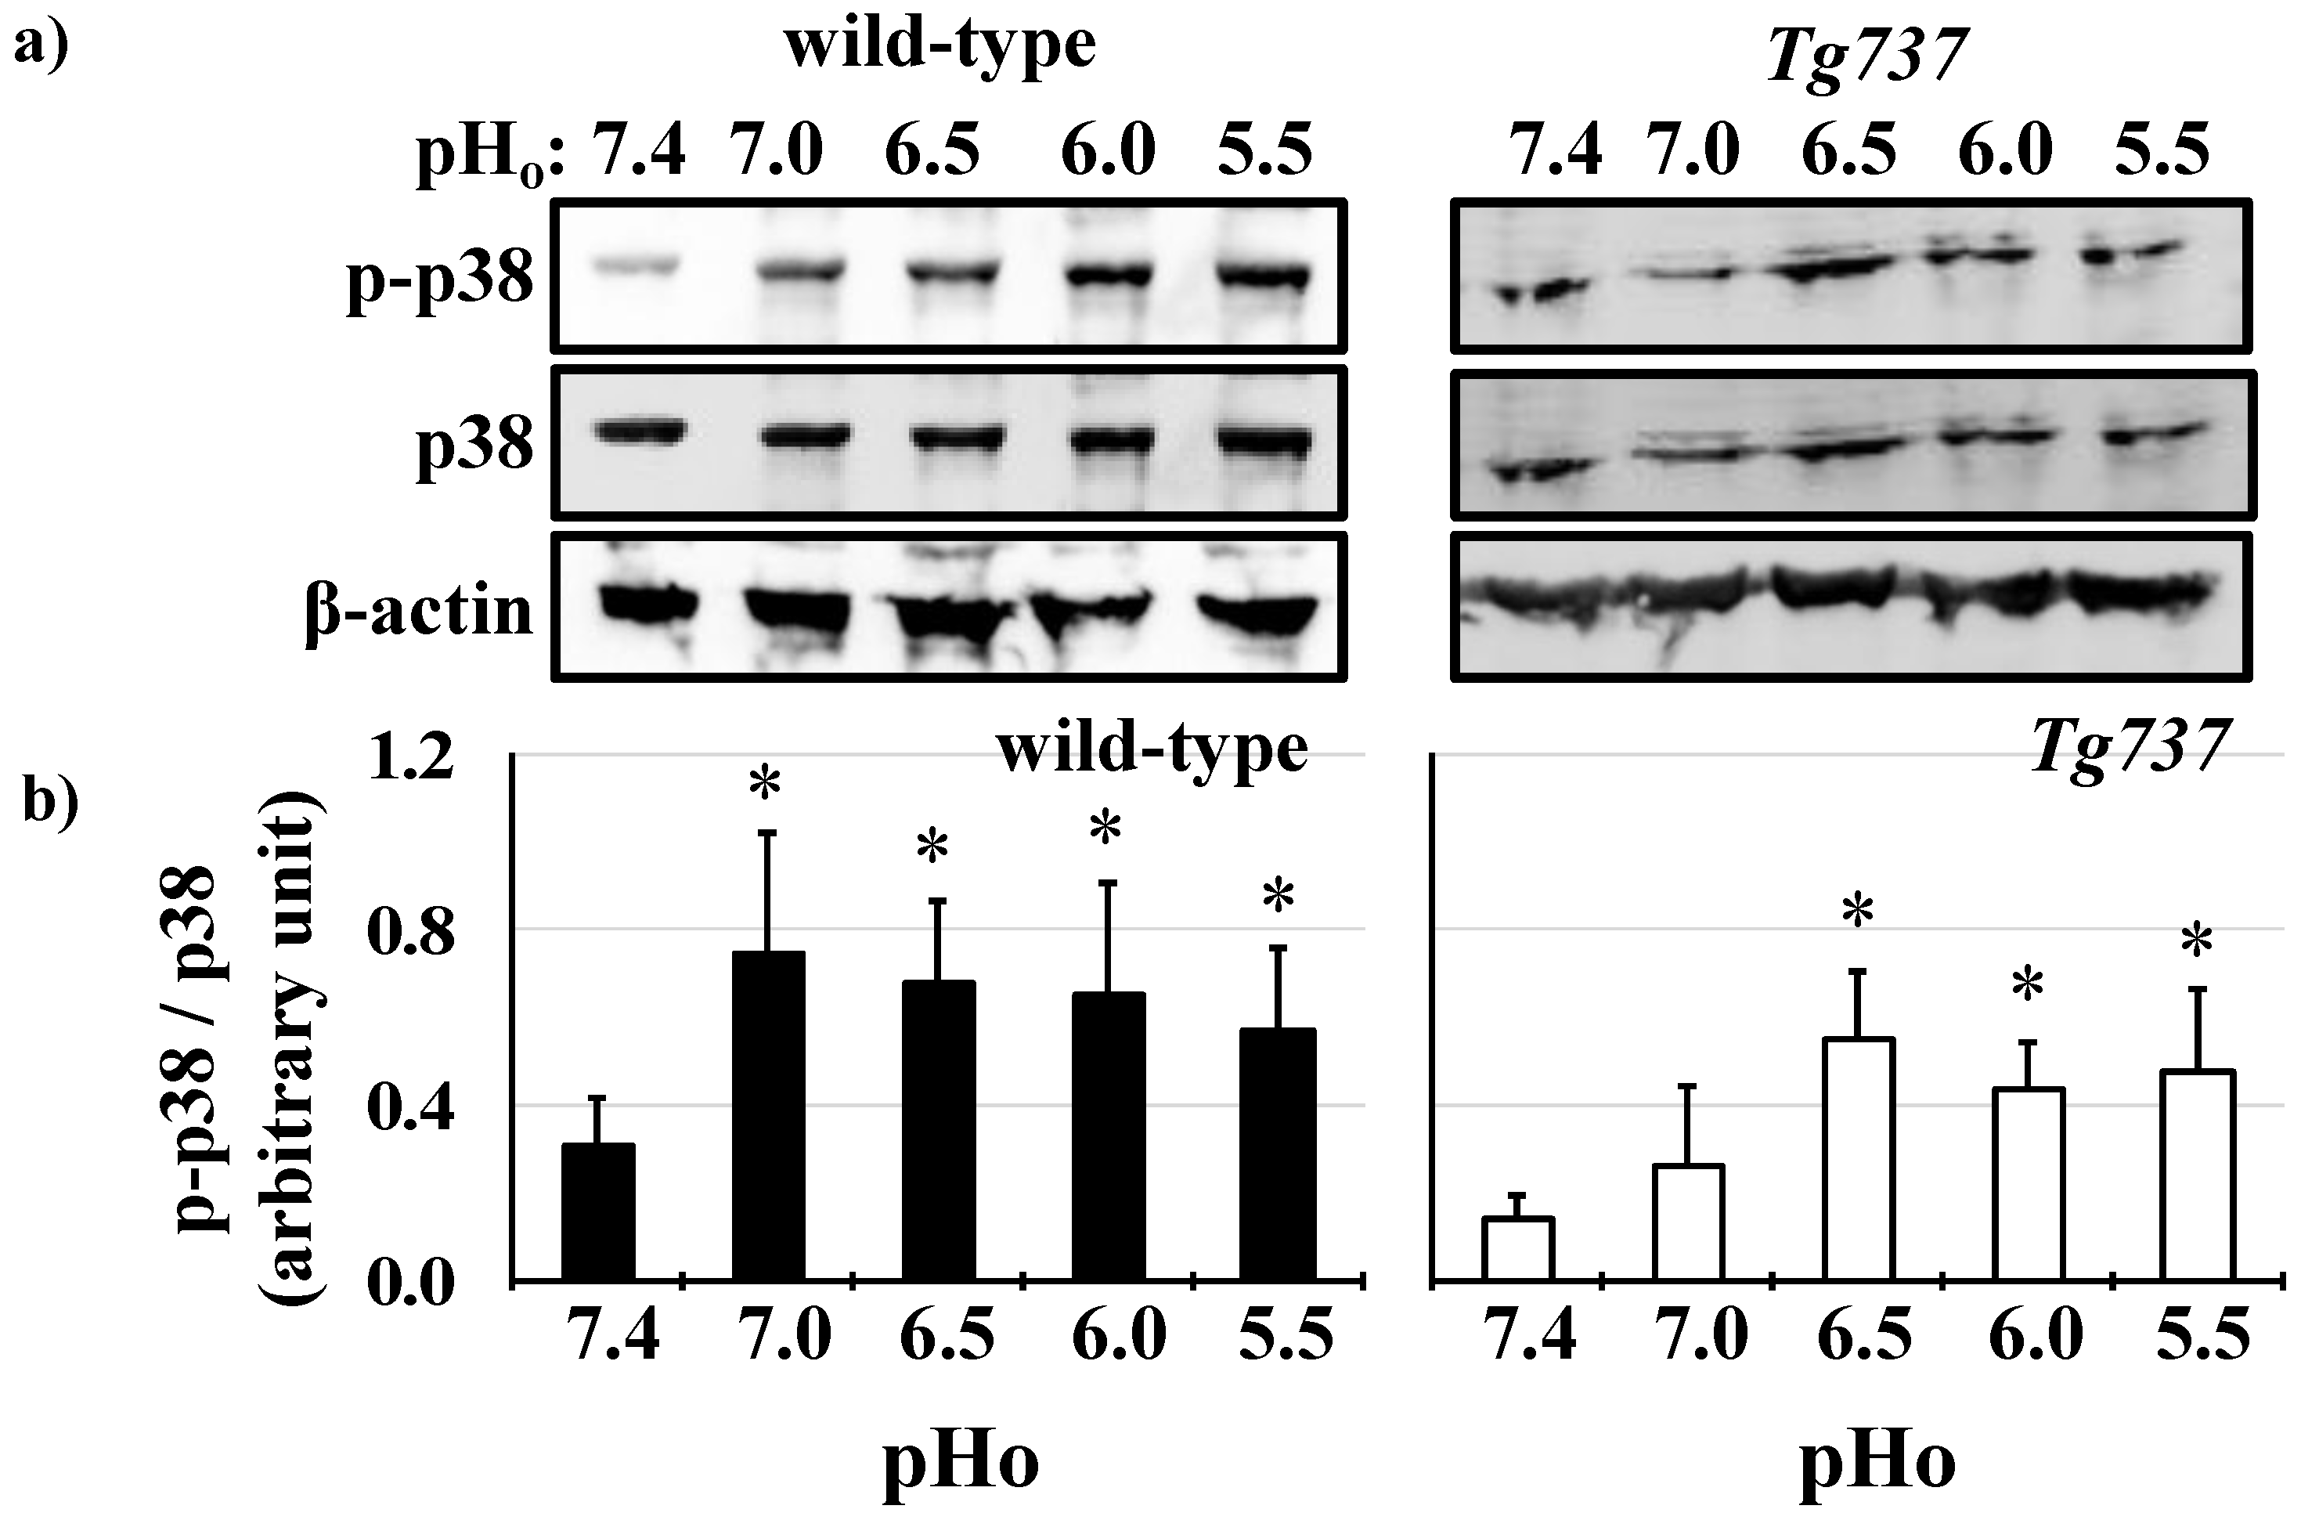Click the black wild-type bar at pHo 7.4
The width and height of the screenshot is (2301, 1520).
tap(598, 1213)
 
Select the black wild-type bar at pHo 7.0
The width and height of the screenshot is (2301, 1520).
tap(767, 1117)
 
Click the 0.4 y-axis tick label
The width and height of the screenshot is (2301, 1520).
tap(411, 1106)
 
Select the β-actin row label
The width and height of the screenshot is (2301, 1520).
tap(419, 612)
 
